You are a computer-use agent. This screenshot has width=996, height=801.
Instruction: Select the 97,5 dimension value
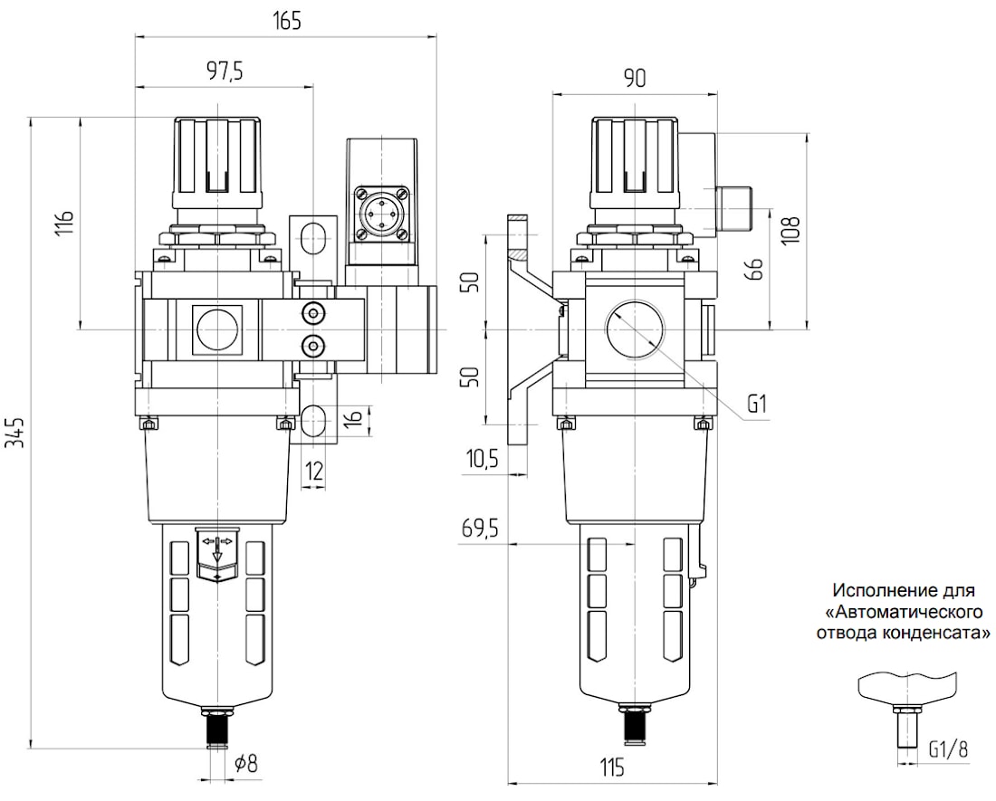pyautogui.click(x=225, y=71)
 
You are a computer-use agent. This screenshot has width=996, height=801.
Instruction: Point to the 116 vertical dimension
pyautogui.click(x=65, y=222)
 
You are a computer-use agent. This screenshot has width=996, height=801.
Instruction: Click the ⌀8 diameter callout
pyautogui.click(x=245, y=763)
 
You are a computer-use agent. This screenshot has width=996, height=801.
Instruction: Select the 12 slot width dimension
pyautogui.click(x=314, y=471)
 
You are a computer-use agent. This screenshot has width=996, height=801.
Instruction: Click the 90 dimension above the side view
pyautogui.click(x=634, y=78)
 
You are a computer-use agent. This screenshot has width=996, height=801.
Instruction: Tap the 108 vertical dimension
pyautogui.click(x=790, y=231)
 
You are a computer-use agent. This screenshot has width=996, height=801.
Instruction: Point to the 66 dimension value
pyautogui.click(x=754, y=269)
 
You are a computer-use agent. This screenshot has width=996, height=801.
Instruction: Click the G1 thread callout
pyautogui.click(x=757, y=404)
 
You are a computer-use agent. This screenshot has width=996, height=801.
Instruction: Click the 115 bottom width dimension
pyautogui.click(x=611, y=768)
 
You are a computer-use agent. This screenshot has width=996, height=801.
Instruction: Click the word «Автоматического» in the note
pyautogui.click(x=904, y=613)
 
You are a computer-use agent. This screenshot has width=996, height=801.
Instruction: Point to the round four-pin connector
pyautogui.click(x=380, y=214)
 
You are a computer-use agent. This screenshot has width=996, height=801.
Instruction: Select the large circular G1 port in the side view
pyautogui.click(x=634, y=329)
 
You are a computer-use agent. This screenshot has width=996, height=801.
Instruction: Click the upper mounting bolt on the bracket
pyautogui.click(x=311, y=312)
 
